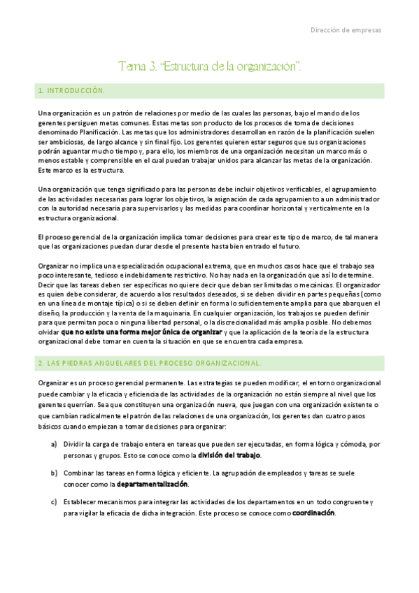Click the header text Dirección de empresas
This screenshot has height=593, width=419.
pos(346,29)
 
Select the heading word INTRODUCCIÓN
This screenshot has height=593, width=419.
pos(75,91)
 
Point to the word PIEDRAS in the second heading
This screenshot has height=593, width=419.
pos(80,363)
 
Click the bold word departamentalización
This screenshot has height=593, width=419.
pos(152,484)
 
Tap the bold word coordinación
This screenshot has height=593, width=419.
pos(313,513)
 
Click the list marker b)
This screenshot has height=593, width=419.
pos(53,473)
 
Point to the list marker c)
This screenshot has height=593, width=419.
pos(53,501)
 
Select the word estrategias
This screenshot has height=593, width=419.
pos(210,383)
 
